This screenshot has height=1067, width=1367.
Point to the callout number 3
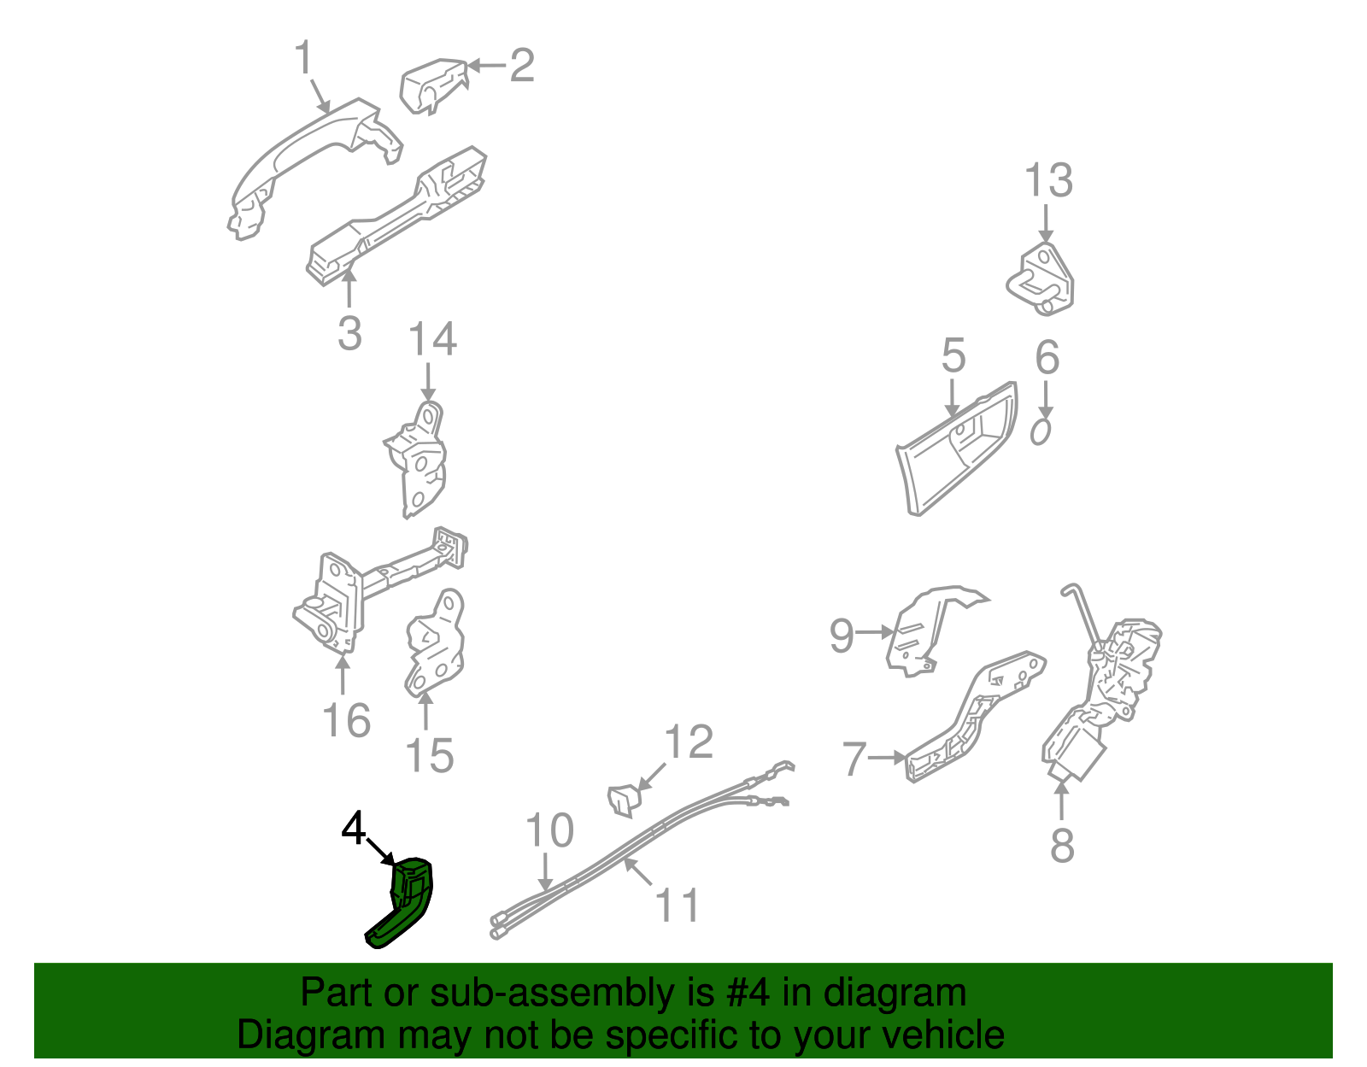coord(349,333)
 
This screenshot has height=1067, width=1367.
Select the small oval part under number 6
coord(1041,431)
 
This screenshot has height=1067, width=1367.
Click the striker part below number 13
coord(1041,278)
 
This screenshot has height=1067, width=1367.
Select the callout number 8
coord(1062,846)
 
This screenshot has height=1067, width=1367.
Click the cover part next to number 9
coord(923,632)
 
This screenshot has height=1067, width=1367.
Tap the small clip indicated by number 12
coord(624,800)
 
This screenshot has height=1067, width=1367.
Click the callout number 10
coord(549,830)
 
